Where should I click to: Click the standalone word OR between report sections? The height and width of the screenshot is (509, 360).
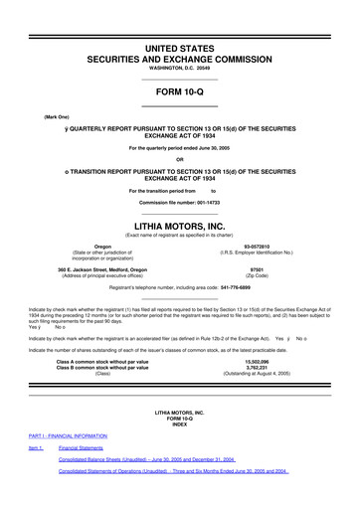point(179,159)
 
